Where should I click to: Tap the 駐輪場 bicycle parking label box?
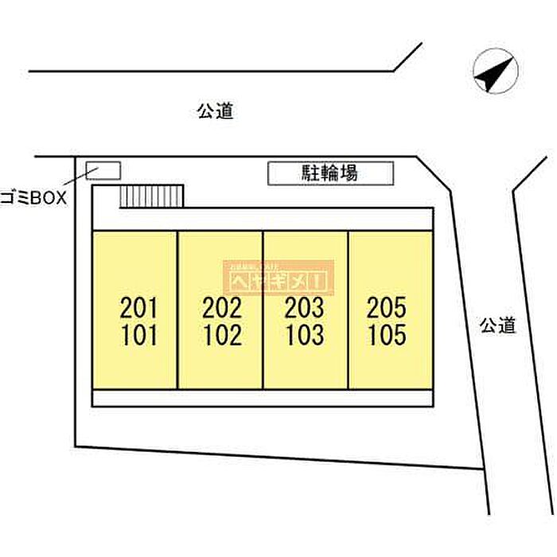(330, 174)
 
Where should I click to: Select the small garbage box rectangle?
(103, 170)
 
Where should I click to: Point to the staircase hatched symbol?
(152, 197)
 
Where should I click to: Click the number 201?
(139, 306)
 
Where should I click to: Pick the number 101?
(139, 335)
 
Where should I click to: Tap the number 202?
(222, 306)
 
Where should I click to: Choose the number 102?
(222, 335)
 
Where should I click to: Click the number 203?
(305, 306)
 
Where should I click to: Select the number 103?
(305, 335)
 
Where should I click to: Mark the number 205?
(388, 306)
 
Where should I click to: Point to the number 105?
(388, 335)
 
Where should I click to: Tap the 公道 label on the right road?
(498, 325)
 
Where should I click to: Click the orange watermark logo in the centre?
(279, 278)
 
